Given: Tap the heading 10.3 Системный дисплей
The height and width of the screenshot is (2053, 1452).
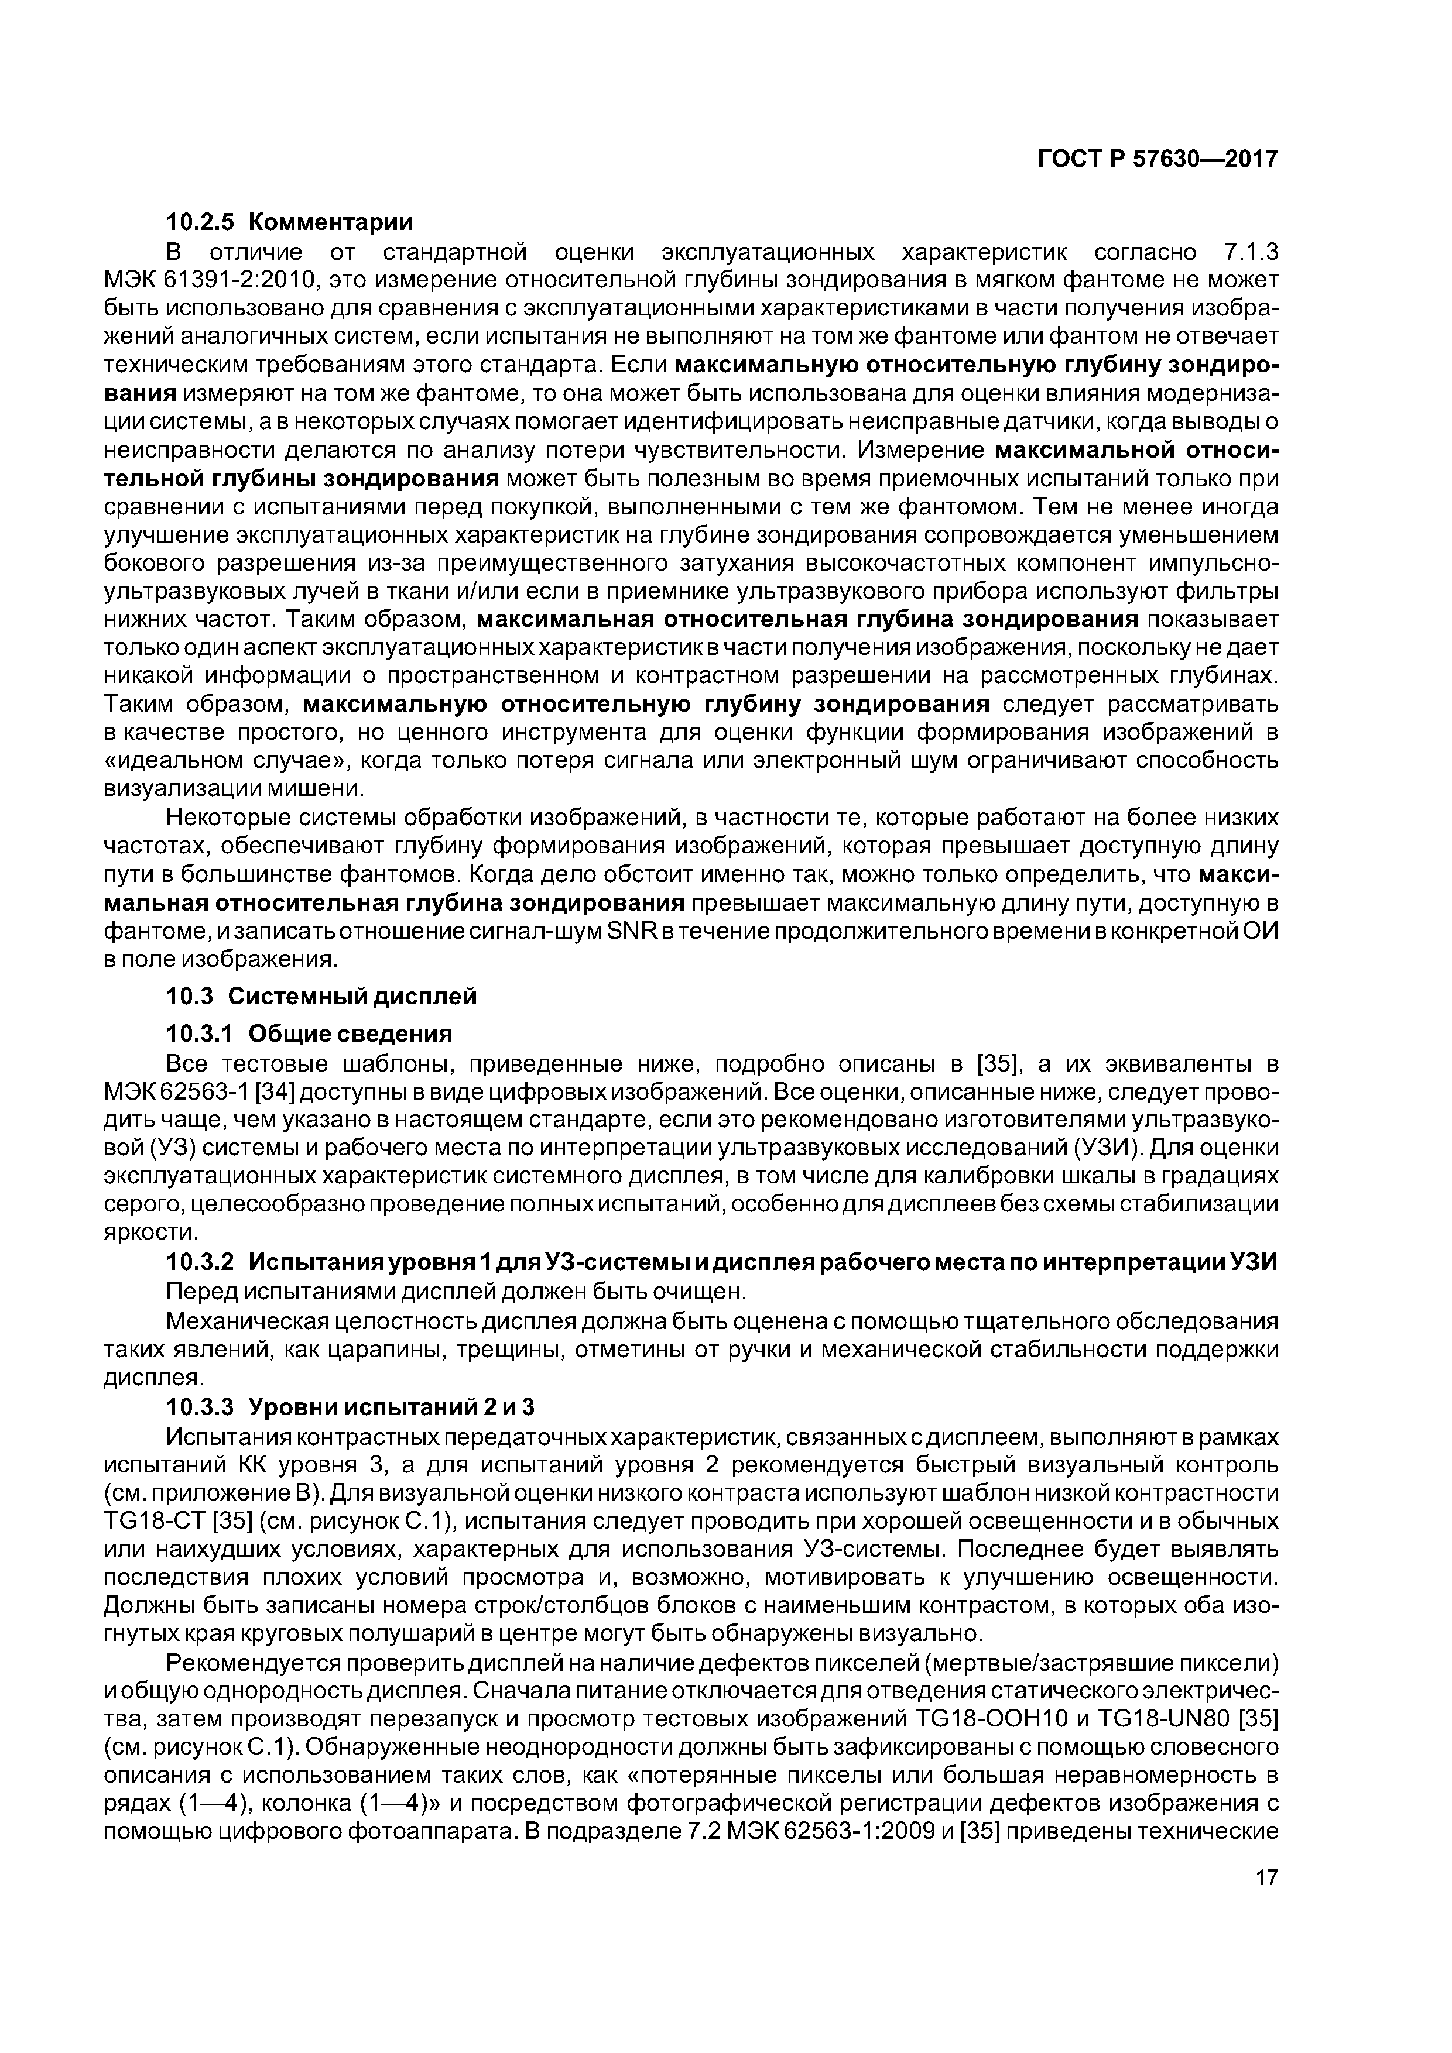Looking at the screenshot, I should coord(321,995).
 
